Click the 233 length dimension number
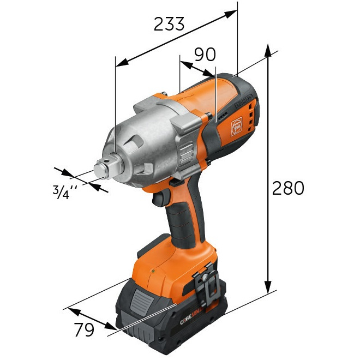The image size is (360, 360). click(169, 24)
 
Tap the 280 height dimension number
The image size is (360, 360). click(288, 188)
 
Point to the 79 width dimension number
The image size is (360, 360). click(83, 329)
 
